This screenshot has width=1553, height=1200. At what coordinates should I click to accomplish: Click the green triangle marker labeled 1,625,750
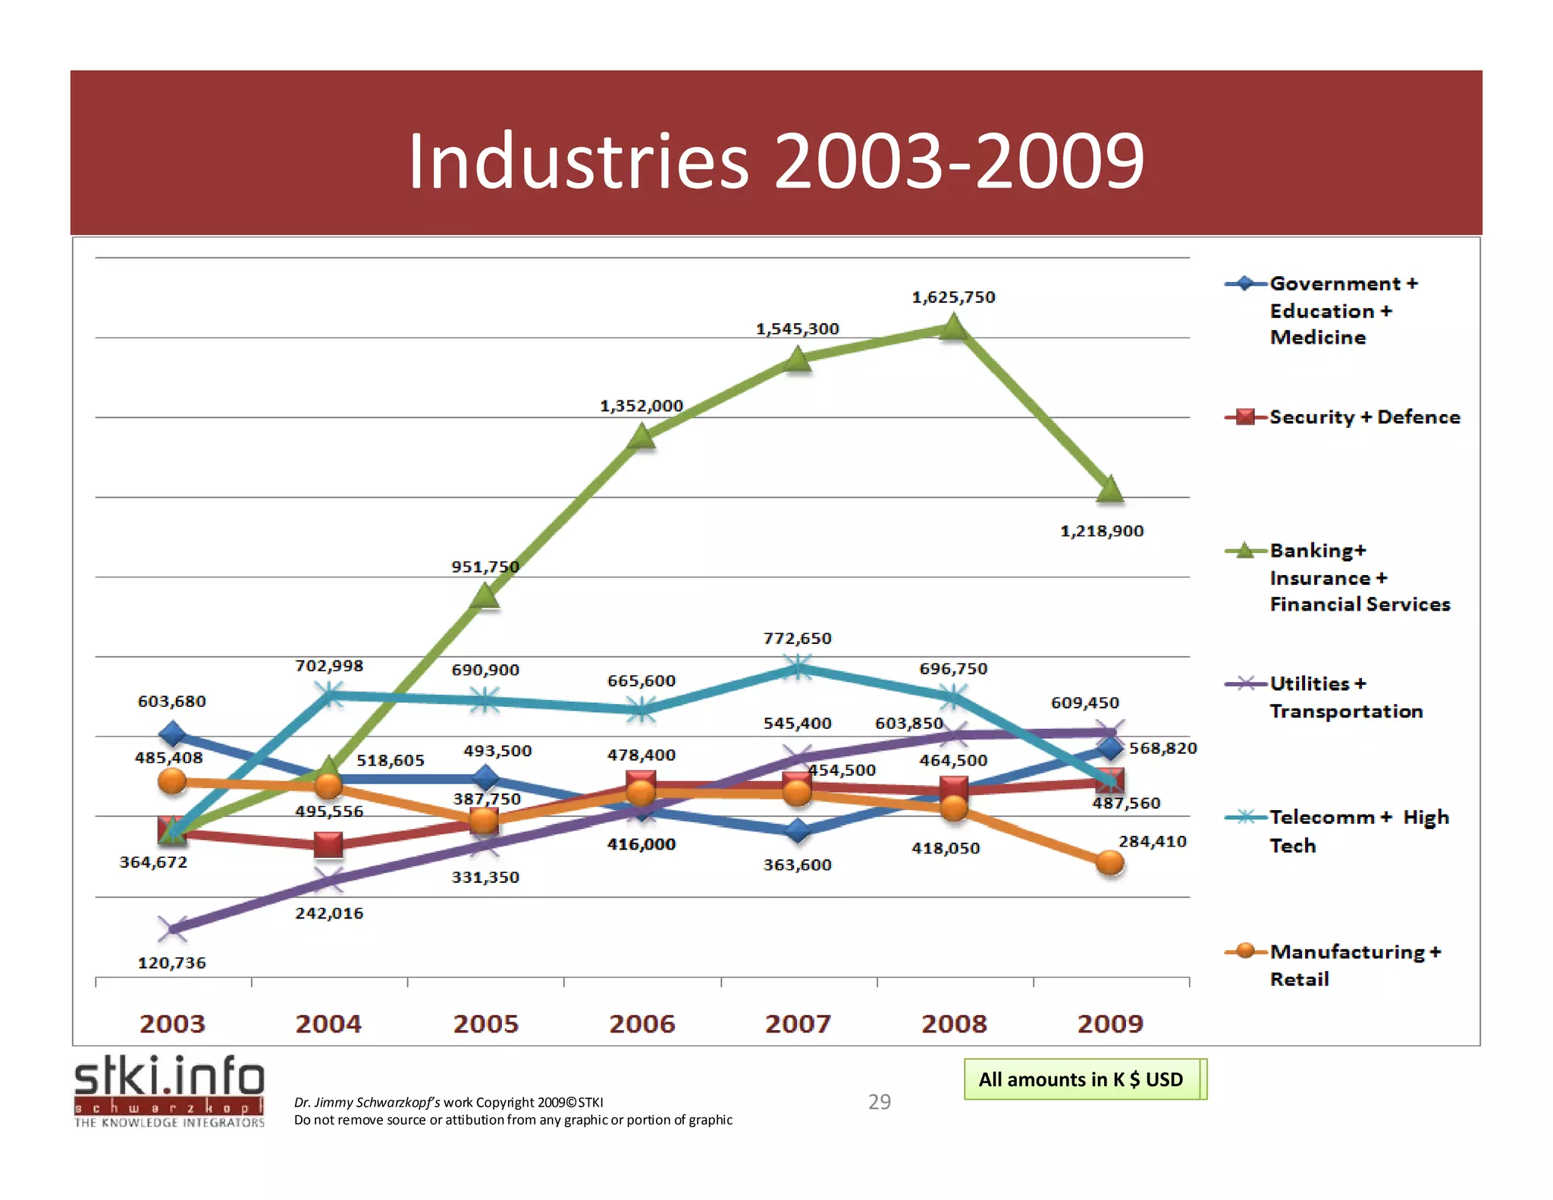[953, 328]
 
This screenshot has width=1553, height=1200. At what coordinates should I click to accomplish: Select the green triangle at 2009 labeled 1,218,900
[1110, 490]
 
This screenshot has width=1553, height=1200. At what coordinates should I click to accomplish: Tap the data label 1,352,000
[642, 406]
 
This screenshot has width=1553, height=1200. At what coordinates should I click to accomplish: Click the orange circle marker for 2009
[1110, 862]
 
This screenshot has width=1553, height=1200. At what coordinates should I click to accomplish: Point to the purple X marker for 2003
[173, 928]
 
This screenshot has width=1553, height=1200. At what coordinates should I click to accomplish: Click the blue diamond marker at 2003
[173, 734]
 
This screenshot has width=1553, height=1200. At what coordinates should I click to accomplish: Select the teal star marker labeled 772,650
[798, 668]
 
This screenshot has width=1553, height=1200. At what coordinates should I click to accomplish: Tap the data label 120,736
[171, 963]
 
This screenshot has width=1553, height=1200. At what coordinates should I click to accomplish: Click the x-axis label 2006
[642, 1024]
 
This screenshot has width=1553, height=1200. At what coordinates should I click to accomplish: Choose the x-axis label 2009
[1110, 1024]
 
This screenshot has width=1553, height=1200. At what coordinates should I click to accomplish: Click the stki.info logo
[169, 1090]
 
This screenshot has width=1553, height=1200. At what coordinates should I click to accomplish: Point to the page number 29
[879, 1101]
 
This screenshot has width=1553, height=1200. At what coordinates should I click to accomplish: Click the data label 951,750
[485, 567]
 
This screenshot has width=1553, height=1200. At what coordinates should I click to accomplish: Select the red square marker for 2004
[328, 844]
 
